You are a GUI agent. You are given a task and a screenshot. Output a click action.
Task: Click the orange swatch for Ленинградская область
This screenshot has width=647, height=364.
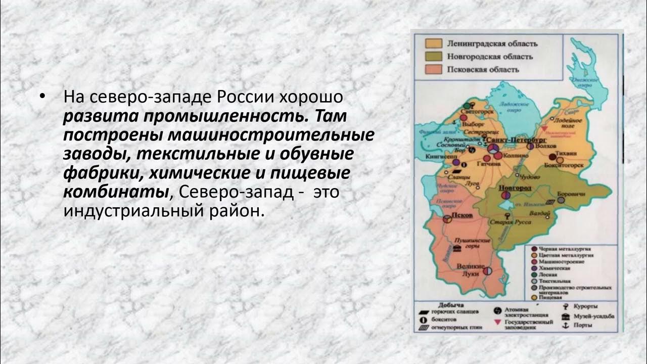[x=433, y=43]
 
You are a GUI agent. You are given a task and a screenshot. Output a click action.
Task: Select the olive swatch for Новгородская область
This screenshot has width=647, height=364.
[x=433, y=56]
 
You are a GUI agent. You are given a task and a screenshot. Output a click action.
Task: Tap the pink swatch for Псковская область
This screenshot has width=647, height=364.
[x=433, y=69]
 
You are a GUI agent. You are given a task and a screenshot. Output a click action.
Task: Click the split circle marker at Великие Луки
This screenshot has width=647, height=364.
[x=488, y=271]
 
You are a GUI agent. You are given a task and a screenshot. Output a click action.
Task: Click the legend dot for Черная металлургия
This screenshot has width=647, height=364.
[x=534, y=249]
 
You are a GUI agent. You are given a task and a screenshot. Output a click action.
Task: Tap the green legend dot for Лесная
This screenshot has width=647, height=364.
[x=534, y=274]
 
